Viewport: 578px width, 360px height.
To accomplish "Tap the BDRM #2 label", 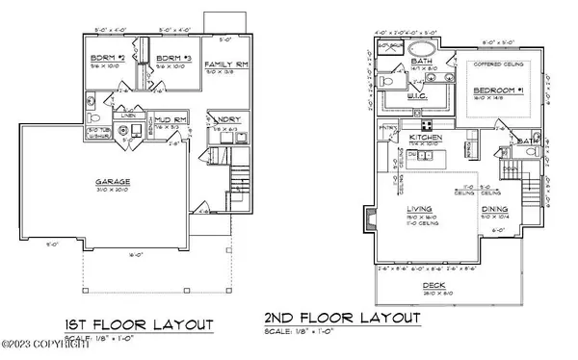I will click(103, 58).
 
